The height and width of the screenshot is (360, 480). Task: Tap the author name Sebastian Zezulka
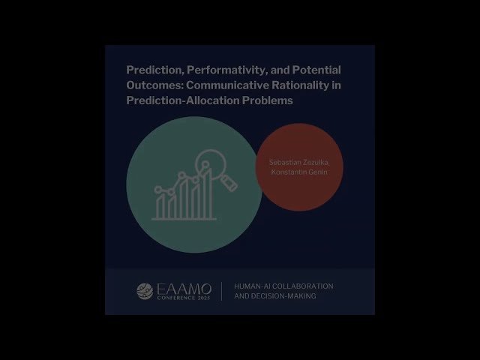coord(300,162)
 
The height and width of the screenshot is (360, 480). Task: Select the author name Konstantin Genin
coord(300,172)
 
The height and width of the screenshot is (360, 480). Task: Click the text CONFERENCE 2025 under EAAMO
coord(184,298)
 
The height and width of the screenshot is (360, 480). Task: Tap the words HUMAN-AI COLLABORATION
coord(283,286)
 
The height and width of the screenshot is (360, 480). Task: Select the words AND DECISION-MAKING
coord(274,296)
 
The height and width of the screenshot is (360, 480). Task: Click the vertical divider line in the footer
coord(221,291)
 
